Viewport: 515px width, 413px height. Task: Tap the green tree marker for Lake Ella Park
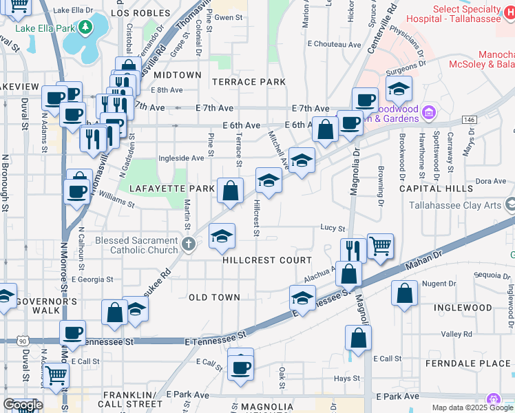[85, 28]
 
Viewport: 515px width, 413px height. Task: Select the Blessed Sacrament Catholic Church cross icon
[189, 244]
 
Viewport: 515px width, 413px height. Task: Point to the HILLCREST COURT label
[267, 260]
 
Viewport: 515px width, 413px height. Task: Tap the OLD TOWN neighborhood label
[215, 297]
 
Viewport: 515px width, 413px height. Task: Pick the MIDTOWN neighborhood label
[178, 74]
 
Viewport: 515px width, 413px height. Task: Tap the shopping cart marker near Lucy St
[380, 246]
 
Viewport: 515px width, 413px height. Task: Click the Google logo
[22, 405]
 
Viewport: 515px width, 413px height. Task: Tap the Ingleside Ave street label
[181, 158]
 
